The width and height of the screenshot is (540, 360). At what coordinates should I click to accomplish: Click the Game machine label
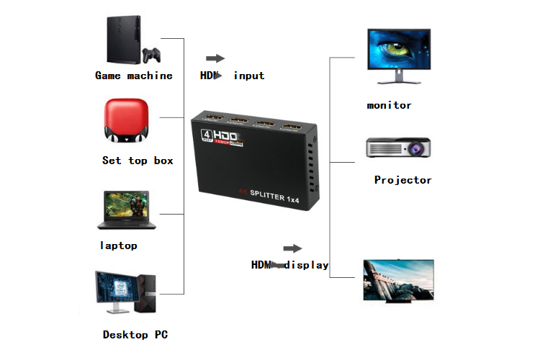pyautogui.click(x=134, y=76)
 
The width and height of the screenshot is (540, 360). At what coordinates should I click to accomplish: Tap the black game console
pyautogui.click(x=124, y=40)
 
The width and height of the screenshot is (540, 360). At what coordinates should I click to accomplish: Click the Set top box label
pyautogui.click(x=138, y=161)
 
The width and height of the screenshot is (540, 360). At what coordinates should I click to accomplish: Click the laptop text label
pyautogui.click(x=118, y=246)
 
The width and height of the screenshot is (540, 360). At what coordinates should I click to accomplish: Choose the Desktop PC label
pyautogui.click(x=135, y=335)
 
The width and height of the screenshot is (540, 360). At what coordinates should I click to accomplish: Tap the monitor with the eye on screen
pyautogui.click(x=398, y=51)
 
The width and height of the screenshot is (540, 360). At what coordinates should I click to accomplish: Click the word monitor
pyautogui.click(x=389, y=105)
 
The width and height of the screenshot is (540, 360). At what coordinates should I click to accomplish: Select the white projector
pyautogui.click(x=398, y=148)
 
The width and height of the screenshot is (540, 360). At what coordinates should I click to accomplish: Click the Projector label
pyautogui.click(x=402, y=180)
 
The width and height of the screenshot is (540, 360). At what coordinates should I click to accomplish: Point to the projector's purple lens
pyautogui.click(x=415, y=150)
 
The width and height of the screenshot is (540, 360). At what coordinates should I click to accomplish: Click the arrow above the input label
pyautogui.click(x=215, y=58)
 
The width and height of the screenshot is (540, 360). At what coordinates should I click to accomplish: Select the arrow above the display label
pyautogui.click(x=292, y=248)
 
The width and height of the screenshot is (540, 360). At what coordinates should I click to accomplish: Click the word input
pyautogui.click(x=248, y=76)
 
